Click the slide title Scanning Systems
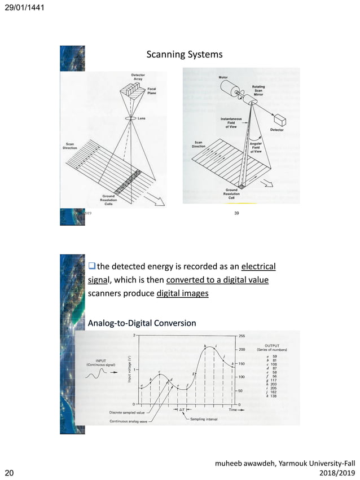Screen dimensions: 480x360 (184, 55)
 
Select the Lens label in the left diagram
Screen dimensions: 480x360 (142, 119)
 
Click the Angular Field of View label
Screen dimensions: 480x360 (256, 148)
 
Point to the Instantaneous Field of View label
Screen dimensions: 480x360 (231, 122)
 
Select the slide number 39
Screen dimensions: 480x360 (237, 213)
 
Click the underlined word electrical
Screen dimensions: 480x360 (258, 266)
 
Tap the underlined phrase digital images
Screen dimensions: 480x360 (182, 293)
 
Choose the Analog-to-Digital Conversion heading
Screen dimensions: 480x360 (142, 323)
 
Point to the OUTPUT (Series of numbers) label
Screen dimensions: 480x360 (275, 347)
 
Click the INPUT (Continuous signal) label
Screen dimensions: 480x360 (101, 362)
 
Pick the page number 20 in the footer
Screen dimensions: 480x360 (10, 472)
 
